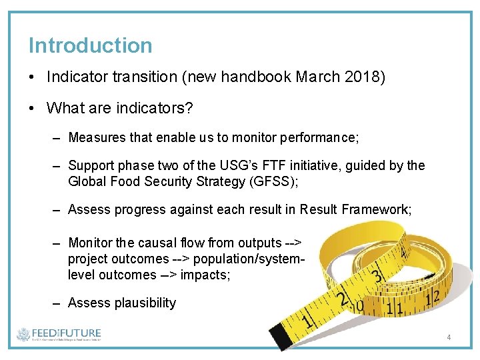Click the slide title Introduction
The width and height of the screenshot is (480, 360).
point(90,45)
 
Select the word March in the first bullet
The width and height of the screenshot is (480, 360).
point(312,77)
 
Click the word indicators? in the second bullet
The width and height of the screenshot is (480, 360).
point(149,107)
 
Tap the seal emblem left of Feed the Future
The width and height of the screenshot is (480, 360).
point(24,335)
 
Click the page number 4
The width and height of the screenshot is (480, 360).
point(449,337)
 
